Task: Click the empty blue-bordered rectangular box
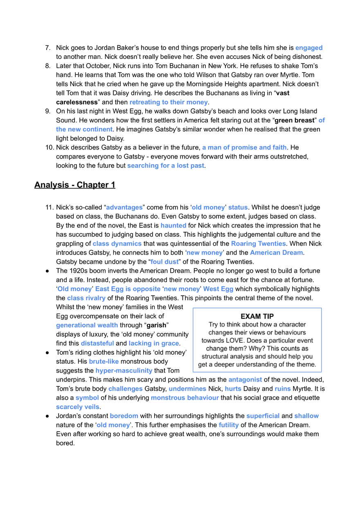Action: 257,339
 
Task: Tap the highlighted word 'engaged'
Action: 309,48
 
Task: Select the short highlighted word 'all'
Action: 322,120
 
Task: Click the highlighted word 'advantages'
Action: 124,208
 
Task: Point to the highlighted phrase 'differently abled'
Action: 219,208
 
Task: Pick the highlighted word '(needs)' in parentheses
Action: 173,225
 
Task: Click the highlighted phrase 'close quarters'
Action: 117,244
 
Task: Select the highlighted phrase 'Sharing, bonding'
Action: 258,244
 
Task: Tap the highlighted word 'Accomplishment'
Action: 276,254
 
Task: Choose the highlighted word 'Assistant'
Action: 164,262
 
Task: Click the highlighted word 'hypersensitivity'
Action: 124,371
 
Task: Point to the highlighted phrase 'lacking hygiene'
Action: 153,344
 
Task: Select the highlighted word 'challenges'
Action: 126,389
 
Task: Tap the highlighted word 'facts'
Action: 232,389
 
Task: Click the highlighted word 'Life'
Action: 283,389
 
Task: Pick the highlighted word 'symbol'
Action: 87,398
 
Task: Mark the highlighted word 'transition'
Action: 124,416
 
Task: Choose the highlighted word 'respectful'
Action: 263,416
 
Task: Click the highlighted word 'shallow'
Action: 307,416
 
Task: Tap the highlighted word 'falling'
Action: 228,425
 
